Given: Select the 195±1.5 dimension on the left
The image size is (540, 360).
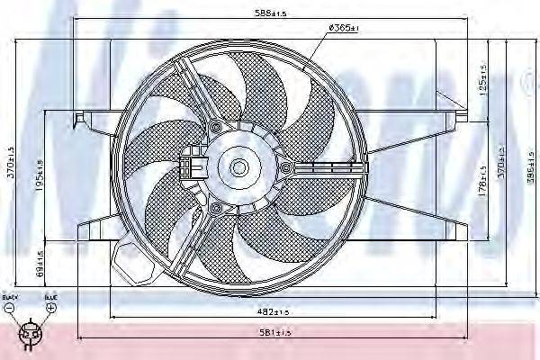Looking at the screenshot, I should (x=40, y=166).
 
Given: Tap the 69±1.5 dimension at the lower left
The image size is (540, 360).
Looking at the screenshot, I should (x=40, y=262).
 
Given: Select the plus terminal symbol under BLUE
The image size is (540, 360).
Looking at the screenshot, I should (x=51, y=308).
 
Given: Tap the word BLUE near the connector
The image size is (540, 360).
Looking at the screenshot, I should (x=50, y=296).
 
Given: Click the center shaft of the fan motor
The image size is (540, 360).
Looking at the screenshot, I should (x=238, y=167).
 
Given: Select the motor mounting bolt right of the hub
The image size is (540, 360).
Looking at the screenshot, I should (x=286, y=168).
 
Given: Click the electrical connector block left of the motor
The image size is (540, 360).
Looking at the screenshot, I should (x=191, y=166).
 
